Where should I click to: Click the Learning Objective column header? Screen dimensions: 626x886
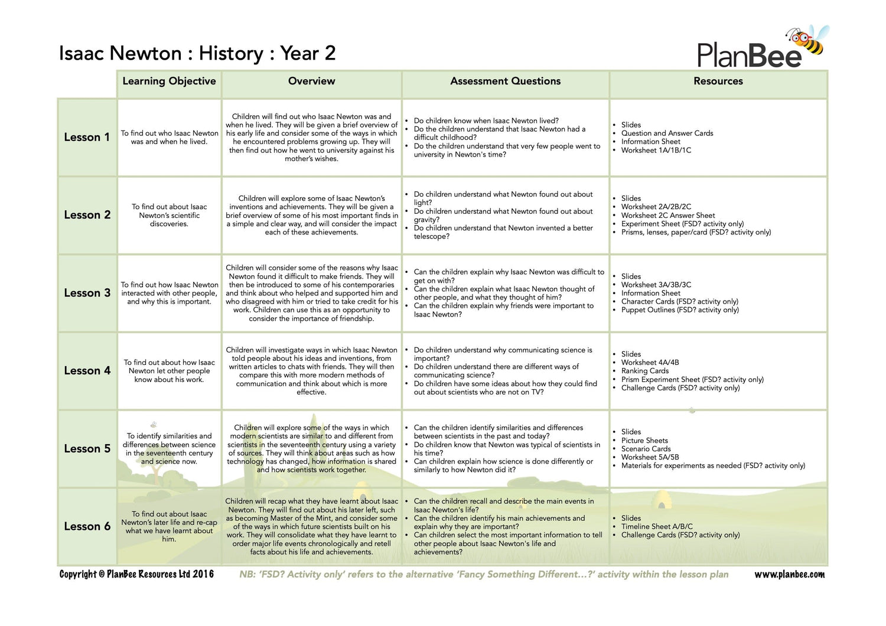click(169, 81)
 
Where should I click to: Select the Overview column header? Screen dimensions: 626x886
click(311, 81)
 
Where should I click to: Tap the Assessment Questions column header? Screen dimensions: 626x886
click(505, 81)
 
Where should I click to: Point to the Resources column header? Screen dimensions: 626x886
click(718, 81)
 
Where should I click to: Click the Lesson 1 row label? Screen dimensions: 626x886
click(87, 137)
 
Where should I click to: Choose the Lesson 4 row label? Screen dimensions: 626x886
click(87, 371)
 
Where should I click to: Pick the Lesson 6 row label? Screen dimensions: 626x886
click(87, 526)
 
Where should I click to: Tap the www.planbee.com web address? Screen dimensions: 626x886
click(789, 575)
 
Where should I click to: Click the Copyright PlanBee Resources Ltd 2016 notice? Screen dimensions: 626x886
click(136, 574)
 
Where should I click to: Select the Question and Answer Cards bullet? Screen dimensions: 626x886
click(667, 133)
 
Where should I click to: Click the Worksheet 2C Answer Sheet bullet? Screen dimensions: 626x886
click(667, 216)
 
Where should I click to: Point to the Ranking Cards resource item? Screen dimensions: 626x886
click(644, 371)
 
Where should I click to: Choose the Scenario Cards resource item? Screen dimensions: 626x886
click(646, 449)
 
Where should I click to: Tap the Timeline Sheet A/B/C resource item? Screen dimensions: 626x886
click(657, 526)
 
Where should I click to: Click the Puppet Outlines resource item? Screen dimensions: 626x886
click(679, 310)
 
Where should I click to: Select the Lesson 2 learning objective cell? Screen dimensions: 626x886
click(169, 216)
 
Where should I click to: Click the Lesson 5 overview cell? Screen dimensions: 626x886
click(311, 449)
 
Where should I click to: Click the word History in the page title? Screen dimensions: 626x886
click(231, 54)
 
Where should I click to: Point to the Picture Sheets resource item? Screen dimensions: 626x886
click(644, 441)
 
